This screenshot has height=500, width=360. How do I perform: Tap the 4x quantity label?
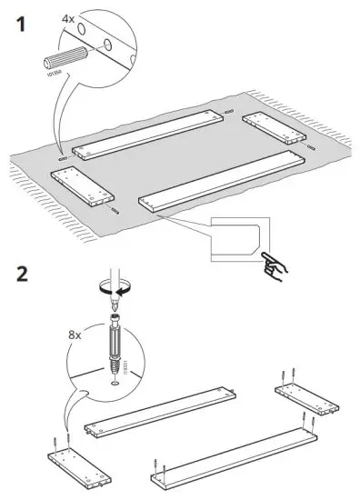click(x=68, y=17)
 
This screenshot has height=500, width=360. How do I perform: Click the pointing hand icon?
click(x=271, y=265)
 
